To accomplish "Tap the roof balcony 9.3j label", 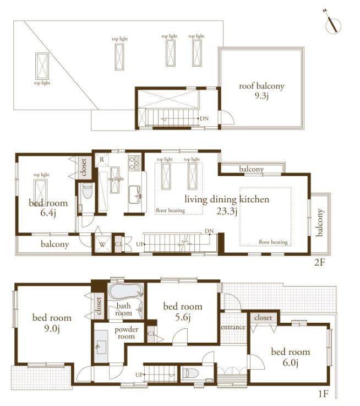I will click(261, 91).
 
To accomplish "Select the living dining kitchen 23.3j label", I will click(227, 204).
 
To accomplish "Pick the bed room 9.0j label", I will click(52, 323).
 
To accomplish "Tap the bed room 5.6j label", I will click(183, 312).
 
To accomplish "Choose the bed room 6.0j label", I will click(290, 357).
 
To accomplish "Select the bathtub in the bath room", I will click(126, 291).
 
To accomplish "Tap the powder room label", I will click(126, 333).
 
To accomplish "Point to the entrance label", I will click(233, 327).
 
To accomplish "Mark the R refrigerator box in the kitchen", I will click(102, 159).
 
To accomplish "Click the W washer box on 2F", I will click(102, 243).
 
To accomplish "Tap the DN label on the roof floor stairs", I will click(204, 118).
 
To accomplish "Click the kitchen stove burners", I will click(134, 163).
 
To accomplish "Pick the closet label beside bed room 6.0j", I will click(264, 318).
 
